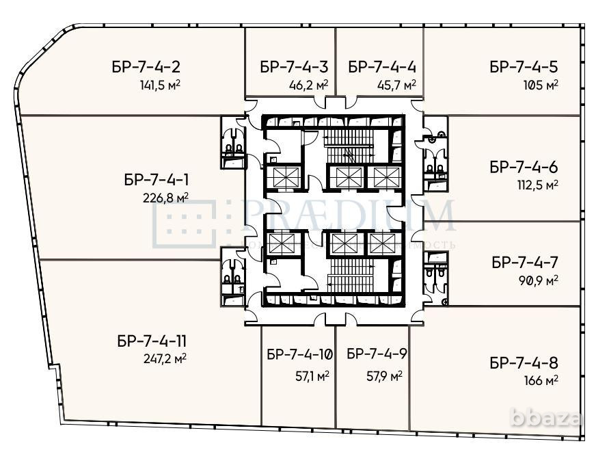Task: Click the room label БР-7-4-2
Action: click(x=146, y=67)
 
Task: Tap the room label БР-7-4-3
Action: click(x=294, y=67)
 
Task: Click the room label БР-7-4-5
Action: click(x=524, y=67)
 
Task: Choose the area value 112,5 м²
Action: click(x=538, y=185)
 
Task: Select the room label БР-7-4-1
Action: click(x=157, y=181)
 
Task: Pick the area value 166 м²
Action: click(x=539, y=380)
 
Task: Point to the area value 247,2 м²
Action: click(x=162, y=358)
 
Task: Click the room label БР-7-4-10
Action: click(x=299, y=354)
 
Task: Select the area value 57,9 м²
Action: click(x=382, y=375)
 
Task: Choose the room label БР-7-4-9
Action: click(x=377, y=354)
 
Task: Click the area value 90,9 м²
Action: click(x=539, y=280)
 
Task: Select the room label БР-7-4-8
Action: click(x=524, y=363)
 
